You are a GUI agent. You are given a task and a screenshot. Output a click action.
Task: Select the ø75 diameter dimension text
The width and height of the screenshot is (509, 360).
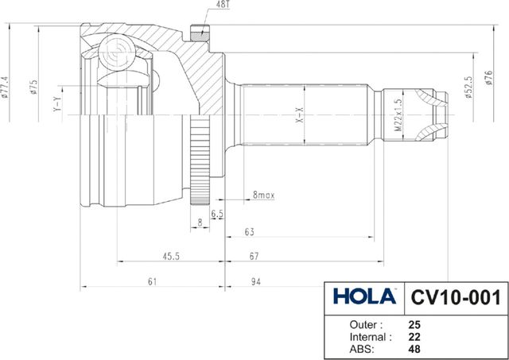[x=33, y=87]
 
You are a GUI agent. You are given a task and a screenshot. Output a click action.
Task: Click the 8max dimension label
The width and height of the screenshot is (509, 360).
[x=262, y=195]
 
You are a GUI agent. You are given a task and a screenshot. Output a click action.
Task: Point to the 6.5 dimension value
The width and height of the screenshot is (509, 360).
[x=218, y=215]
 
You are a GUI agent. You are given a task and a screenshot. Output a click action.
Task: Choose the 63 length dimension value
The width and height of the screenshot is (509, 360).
[x=249, y=231]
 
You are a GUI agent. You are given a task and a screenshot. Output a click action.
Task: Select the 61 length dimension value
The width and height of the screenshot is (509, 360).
[x=153, y=281]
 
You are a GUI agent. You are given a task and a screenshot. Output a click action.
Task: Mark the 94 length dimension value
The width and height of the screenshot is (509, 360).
[x=256, y=281]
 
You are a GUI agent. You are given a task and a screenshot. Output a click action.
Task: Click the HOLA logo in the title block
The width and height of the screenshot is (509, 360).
[x=364, y=297]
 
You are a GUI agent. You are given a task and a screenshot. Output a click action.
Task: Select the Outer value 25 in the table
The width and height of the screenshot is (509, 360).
[x=414, y=325]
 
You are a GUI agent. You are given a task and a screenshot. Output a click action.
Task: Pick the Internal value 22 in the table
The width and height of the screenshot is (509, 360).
[x=414, y=336]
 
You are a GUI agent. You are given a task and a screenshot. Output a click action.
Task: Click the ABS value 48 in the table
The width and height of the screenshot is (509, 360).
[x=414, y=348]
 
